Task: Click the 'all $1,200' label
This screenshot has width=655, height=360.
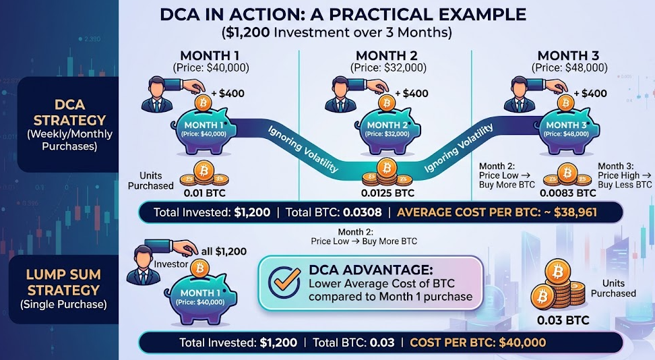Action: click(222, 251)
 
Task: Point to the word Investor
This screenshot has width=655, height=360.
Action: click(168, 265)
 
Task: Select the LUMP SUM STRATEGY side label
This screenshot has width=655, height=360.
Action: click(63, 281)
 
